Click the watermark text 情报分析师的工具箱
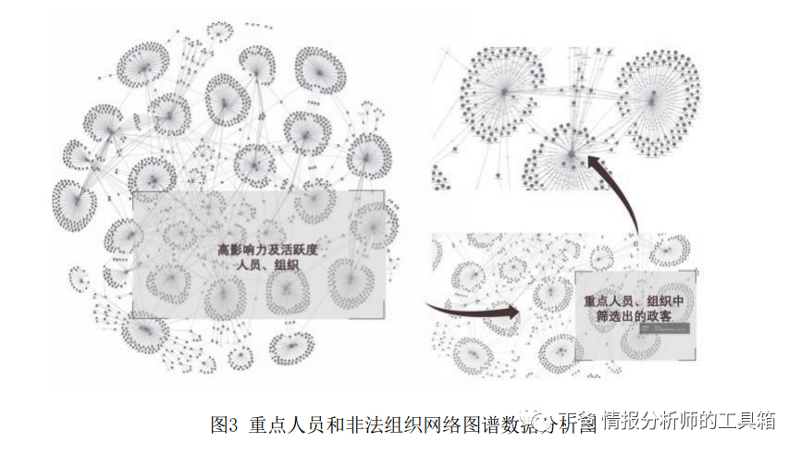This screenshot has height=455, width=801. coord(688,422)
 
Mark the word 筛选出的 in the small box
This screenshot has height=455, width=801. coord(619,317)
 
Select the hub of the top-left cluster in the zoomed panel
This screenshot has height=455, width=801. coord(501,91)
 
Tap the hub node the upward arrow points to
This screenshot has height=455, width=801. coord(572,151)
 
